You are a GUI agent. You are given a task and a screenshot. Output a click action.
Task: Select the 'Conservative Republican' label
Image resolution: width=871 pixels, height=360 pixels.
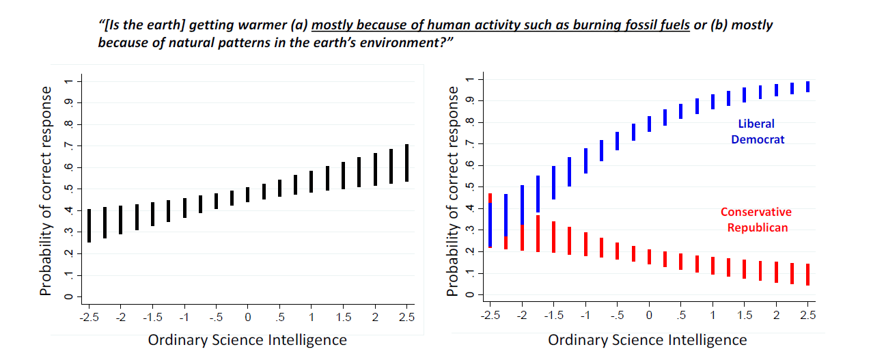pyautogui.click(x=756, y=219)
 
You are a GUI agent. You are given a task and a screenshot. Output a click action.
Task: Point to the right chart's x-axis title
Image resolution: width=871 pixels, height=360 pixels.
pyautogui.click(x=647, y=340)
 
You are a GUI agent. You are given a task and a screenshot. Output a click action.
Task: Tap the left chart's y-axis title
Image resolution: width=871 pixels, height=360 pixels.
pyautogui.click(x=46, y=191)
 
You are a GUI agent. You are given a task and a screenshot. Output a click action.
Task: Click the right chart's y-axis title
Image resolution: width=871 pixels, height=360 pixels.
pyautogui.click(x=453, y=191)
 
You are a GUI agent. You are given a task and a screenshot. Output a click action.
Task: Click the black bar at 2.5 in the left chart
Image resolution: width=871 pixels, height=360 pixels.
pyautogui.click(x=406, y=163)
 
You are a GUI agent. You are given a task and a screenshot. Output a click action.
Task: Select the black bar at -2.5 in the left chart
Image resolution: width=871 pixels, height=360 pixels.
pyautogui.click(x=89, y=225)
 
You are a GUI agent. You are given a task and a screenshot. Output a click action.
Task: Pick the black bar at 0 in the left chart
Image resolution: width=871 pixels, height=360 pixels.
pyautogui.click(x=247, y=195)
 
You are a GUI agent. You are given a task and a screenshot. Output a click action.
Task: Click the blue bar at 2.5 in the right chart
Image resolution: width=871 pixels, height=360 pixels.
pyautogui.click(x=807, y=87)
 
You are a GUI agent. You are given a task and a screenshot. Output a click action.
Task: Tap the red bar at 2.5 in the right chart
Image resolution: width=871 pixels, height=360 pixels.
pyautogui.click(x=807, y=274)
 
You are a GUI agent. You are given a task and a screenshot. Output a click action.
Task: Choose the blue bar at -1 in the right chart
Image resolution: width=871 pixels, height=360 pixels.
pyautogui.click(x=585, y=161)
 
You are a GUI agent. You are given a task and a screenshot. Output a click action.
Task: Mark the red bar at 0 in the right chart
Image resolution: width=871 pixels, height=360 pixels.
pyautogui.click(x=649, y=257)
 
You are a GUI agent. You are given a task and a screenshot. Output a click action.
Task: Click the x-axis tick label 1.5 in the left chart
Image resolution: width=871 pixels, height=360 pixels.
pyautogui.click(x=343, y=318)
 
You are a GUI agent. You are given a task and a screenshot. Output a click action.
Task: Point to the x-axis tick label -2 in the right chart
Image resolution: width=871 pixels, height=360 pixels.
pyautogui.click(x=522, y=316)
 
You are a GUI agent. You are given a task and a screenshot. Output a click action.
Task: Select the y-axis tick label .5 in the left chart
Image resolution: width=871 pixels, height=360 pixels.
pyautogui.click(x=67, y=189)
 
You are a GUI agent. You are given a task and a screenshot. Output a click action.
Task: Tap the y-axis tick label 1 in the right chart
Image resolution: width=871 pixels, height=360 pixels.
pyautogui.click(x=469, y=80)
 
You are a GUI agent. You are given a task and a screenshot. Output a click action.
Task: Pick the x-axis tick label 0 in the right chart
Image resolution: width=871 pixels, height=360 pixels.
pyautogui.click(x=649, y=316)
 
